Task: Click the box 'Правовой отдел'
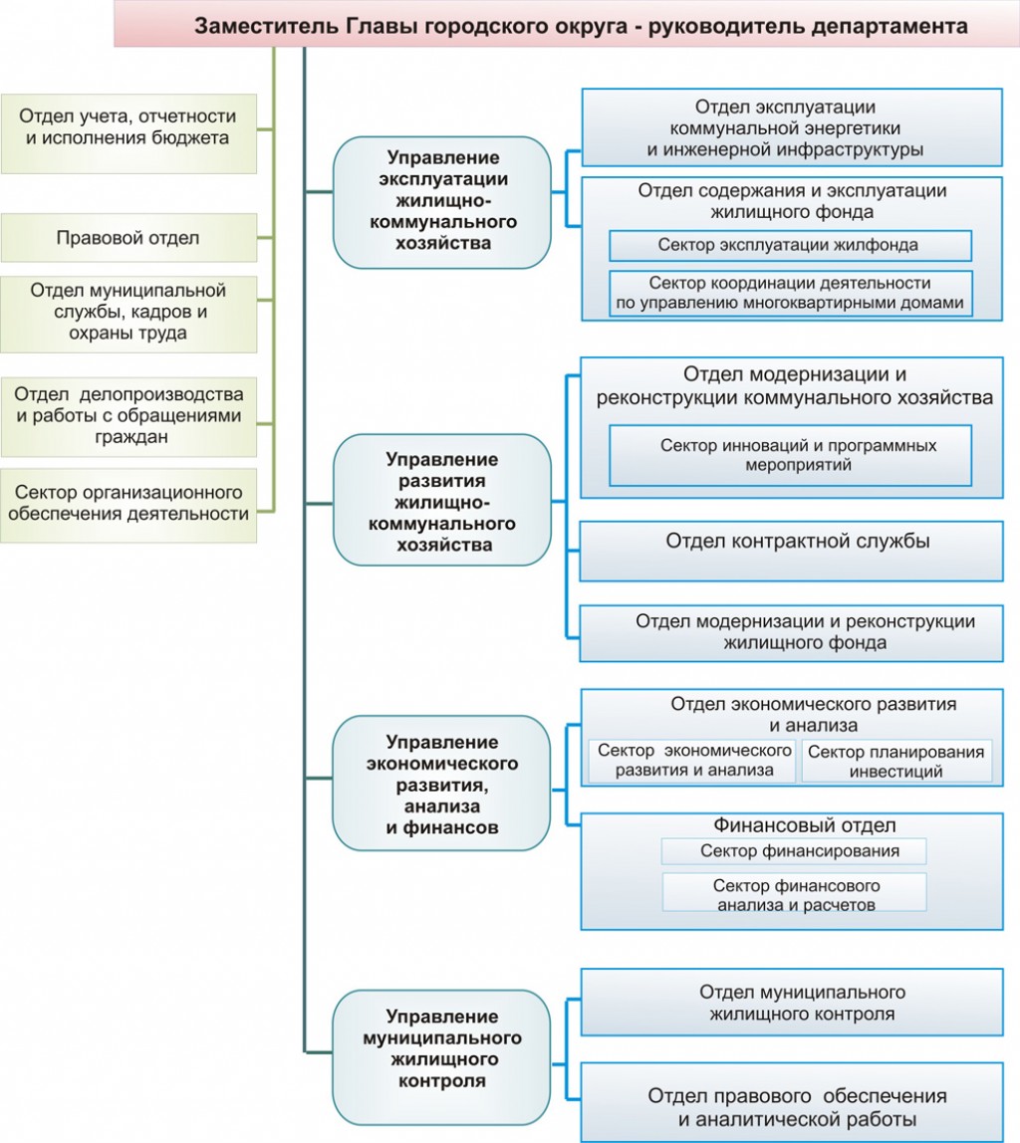(x=128, y=238)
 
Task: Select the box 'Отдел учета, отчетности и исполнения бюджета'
(x=128, y=133)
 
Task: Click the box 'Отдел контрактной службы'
(x=791, y=551)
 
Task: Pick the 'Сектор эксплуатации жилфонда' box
(x=790, y=246)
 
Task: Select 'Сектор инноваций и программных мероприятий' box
(x=790, y=456)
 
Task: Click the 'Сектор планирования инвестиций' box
(x=896, y=762)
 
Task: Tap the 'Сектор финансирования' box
(x=794, y=850)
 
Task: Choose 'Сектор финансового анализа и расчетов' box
(x=794, y=892)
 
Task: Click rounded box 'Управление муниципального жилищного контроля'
(x=442, y=1057)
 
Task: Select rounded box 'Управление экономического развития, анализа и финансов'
(x=442, y=783)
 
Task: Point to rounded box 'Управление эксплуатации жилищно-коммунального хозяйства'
(x=442, y=202)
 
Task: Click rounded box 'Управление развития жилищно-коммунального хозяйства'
(x=442, y=500)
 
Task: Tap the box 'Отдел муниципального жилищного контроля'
(x=792, y=1003)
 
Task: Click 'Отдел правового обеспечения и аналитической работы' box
(x=792, y=1102)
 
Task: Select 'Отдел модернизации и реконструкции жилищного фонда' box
(x=791, y=633)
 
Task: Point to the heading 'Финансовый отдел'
(x=804, y=825)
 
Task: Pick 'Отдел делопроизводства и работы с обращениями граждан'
(x=128, y=416)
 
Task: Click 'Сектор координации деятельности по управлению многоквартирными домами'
(x=790, y=293)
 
